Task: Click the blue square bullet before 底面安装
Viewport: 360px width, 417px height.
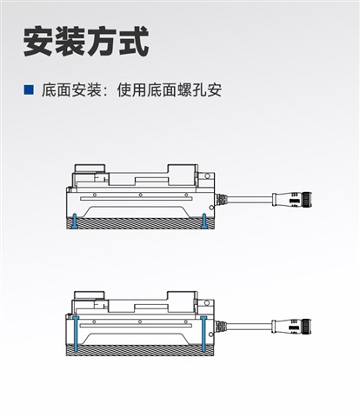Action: coord(29,89)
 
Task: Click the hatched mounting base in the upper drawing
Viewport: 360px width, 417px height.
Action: coord(139,224)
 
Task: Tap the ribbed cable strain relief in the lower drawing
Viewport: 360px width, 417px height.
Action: coord(221,326)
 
